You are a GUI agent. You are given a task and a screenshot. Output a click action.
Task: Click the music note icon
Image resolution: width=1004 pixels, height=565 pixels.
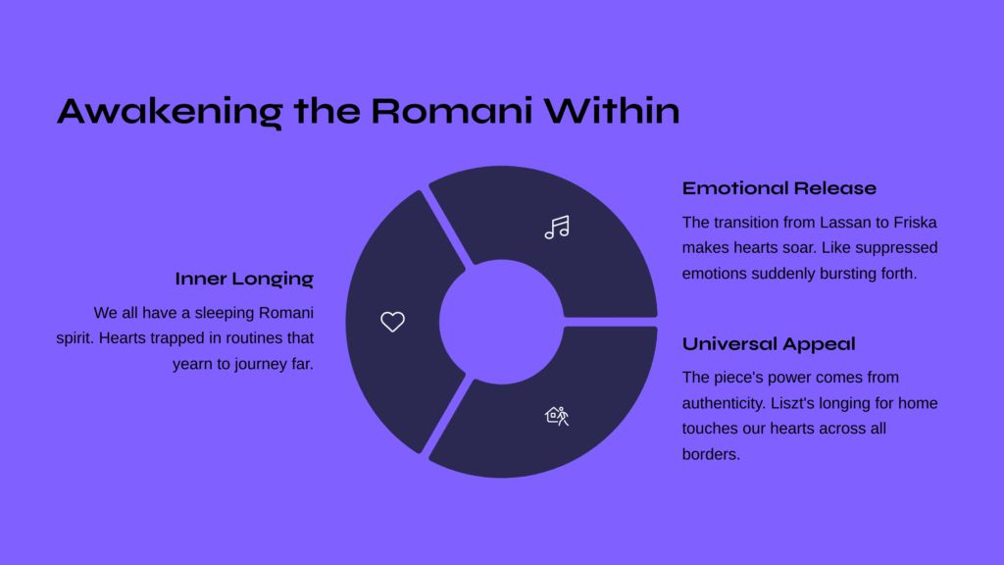tap(557, 227)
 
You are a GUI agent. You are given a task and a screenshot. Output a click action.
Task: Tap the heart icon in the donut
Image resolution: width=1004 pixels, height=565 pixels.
tap(392, 322)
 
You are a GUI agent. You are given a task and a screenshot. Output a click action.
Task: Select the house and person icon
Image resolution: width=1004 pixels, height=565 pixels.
tap(557, 416)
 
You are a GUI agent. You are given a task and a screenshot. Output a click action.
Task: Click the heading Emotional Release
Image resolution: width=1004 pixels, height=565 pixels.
tap(778, 188)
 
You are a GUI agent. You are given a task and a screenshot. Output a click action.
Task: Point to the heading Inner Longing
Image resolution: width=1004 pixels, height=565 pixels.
tap(244, 279)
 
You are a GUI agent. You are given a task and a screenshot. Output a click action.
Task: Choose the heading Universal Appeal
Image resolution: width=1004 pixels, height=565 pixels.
tap(769, 344)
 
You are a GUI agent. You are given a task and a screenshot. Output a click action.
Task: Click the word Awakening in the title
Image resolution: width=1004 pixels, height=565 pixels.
tap(170, 112)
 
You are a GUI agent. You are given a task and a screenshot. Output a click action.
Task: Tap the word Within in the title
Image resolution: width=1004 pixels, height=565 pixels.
tap(612, 110)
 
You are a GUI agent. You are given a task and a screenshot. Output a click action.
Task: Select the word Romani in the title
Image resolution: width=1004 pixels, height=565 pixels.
tap(451, 111)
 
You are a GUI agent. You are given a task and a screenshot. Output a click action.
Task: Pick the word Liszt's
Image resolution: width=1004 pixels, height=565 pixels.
tap(793, 403)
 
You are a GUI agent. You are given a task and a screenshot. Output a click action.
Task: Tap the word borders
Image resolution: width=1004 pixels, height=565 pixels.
tap(711, 454)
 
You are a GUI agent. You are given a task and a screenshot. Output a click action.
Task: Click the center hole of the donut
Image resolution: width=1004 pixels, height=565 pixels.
tap(501, 322)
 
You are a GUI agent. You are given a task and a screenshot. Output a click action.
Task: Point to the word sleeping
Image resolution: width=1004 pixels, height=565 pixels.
tap(225, 313)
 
